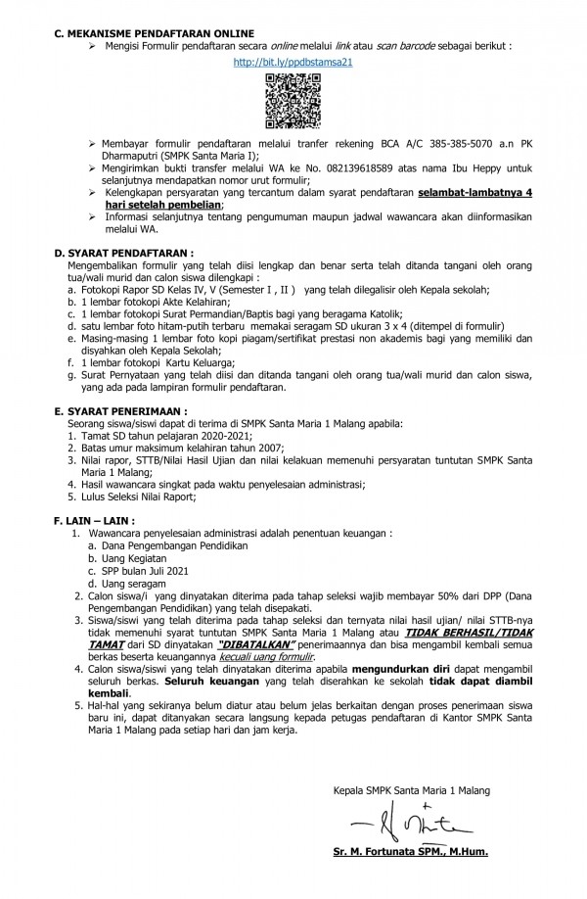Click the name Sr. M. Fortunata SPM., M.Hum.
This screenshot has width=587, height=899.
(x=410, y=852)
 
